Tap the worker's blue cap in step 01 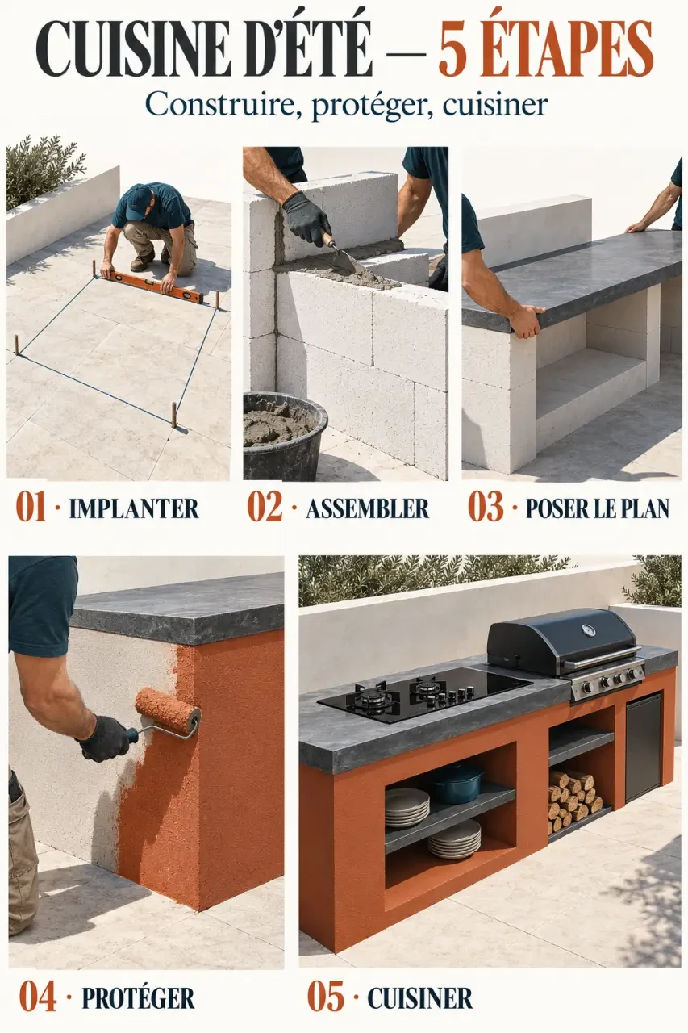click(137, 201)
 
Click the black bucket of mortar click(284, 435)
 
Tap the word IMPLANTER click(134, 508)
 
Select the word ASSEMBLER click(367, 508)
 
